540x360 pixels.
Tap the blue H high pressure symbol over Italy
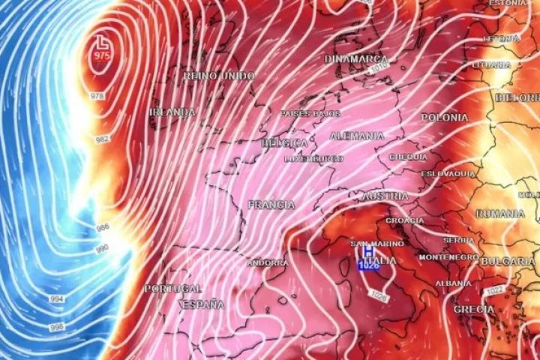coord(368,256)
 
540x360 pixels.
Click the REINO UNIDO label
coord(219,76)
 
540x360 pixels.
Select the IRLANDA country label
coord(172,112)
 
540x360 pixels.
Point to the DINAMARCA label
coord(356,58)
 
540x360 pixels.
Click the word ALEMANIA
coord(356,136)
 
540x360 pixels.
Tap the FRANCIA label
coord(271,205)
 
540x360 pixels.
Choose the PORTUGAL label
coord(173,289)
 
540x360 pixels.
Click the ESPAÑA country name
coord(202,304)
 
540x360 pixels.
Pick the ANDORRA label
coord(267,263)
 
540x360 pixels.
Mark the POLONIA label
coord(444,118)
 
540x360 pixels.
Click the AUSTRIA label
coord(385,196)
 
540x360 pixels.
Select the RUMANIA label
coord(500,214)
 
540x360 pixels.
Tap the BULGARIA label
coord(507,261)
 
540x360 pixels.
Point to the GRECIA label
coord(474,309)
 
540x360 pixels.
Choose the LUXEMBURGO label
coord(313,159)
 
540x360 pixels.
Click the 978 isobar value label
coord(97,96)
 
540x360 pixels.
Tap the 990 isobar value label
coord(102,248)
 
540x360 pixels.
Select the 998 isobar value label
coord(56,328)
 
